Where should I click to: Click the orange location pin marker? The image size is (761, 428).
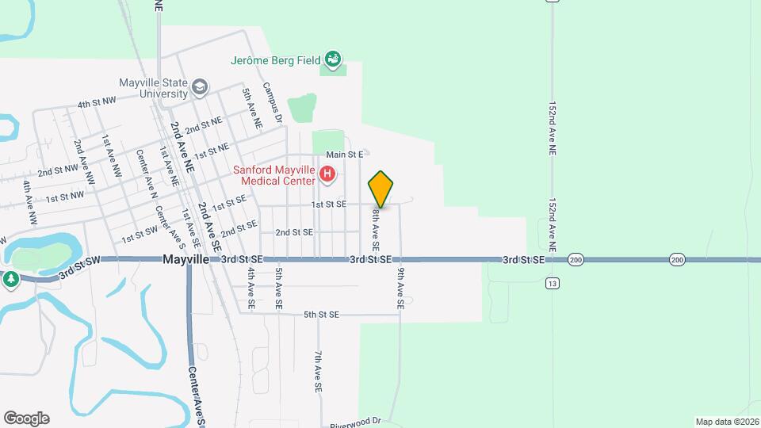click(380, 189)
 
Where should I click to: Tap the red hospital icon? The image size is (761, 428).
click(327, 173)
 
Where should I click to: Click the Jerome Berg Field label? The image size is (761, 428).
click(275, 59)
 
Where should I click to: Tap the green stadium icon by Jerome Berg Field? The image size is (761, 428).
click(335, 59)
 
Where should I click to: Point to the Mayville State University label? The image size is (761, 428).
click(154, 88)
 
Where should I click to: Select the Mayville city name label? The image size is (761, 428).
click(185, 259)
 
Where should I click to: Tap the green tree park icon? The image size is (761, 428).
click(10, 278)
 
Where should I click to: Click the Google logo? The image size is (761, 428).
click(26, 418)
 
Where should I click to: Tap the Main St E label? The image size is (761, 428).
click(344, 154)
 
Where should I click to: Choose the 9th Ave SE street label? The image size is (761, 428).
click(401, 287)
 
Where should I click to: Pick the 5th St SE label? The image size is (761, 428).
click(321, 315)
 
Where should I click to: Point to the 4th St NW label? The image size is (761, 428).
click(97, 104)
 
